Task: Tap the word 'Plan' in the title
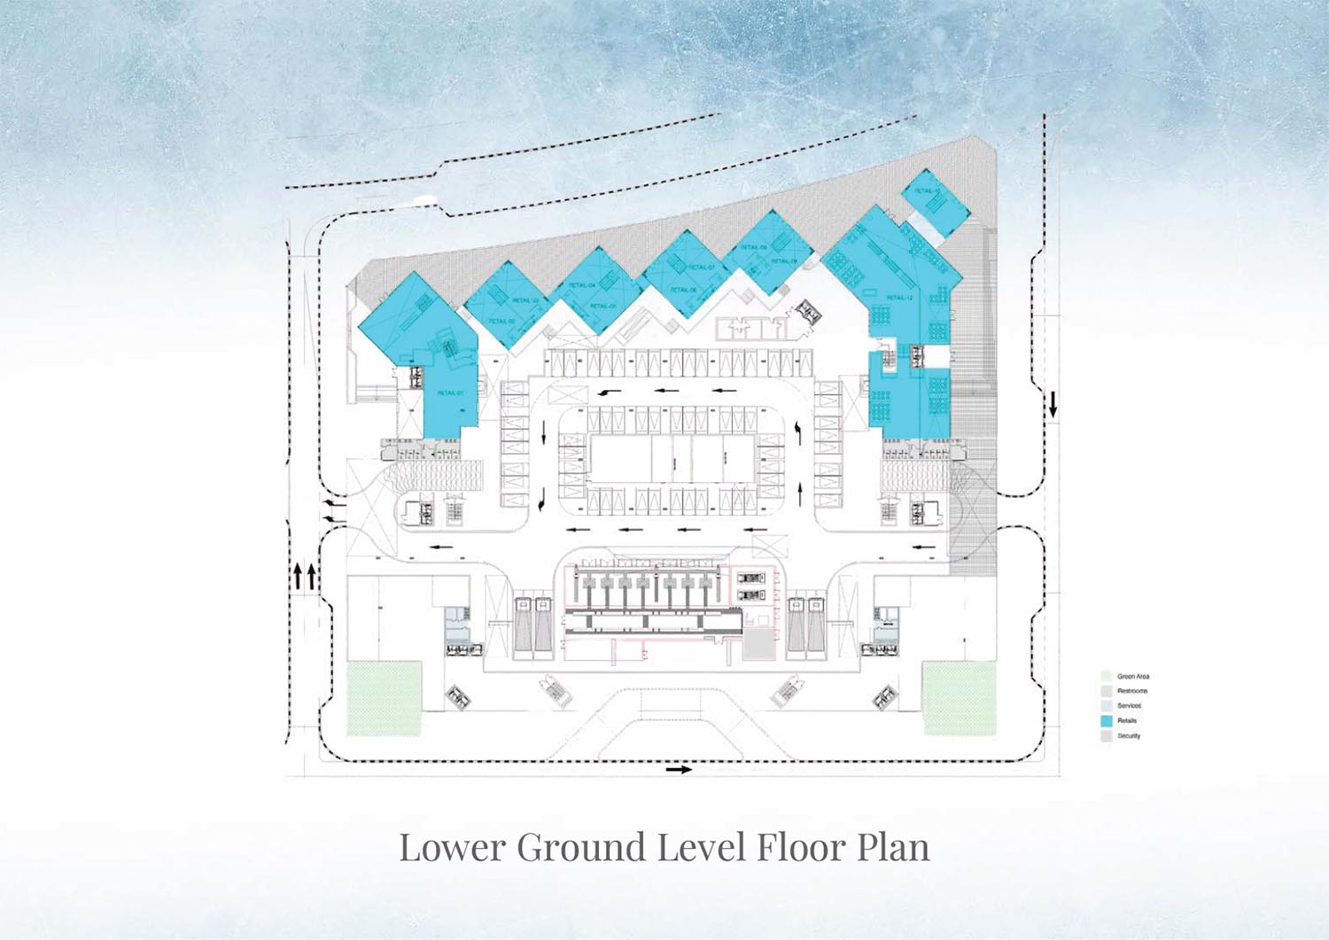pos(893,847)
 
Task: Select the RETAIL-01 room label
pos(449,392)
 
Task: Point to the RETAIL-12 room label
pos(898,298)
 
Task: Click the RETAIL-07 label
pos(701,267)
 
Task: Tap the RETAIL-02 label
pos(501,321)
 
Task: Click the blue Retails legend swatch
pos(1106,721)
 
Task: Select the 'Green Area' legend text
pos(1133,676)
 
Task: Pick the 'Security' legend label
pos(1129,736)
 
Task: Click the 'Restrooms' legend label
pos(1132,691)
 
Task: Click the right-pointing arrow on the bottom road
pos(679,770)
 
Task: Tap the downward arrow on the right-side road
pos(1053,405)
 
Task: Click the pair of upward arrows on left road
pos(304,577)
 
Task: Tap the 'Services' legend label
pos(1129,706)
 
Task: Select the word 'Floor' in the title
pos(795,847)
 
